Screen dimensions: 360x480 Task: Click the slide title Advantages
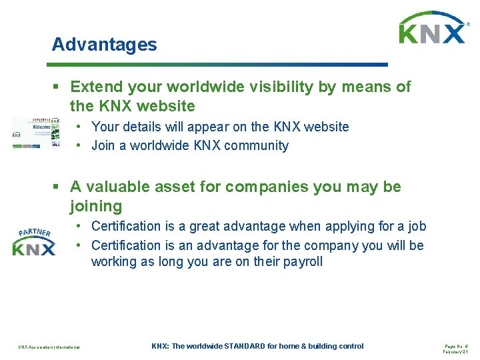105,45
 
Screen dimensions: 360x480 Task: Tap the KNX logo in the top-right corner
432,29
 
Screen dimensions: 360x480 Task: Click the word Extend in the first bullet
96,87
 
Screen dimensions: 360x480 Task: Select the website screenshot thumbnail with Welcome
35,133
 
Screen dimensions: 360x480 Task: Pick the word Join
103,145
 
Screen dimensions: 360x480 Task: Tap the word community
257,145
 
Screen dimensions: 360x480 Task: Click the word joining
96,206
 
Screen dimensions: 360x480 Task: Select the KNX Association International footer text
49,347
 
